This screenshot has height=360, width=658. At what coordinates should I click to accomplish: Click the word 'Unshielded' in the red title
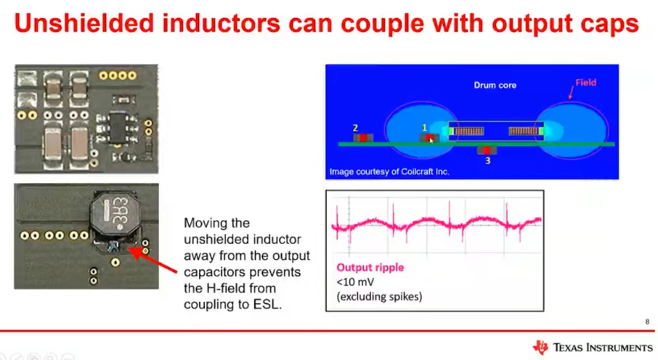click(84, 23)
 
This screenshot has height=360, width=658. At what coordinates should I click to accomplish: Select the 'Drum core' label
click(495, 85)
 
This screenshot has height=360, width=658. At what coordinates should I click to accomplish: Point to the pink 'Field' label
click(585, 82)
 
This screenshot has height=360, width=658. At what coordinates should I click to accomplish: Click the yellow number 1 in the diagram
click(424, 127)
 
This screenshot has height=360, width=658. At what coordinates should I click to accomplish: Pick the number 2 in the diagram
click(355, 128)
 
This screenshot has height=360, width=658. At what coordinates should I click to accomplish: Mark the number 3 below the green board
click(487, 160)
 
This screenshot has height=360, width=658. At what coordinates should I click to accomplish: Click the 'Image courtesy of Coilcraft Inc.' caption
click(389, 171)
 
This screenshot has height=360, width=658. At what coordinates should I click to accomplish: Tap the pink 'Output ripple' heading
click(370, 268)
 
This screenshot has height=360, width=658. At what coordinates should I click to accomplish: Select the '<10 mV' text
click(355, 282)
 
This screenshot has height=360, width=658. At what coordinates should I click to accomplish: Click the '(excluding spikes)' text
click(379, 297)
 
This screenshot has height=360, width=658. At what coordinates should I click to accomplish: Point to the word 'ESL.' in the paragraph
click(267, 304)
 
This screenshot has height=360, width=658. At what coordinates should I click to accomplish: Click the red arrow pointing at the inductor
click(153, 261)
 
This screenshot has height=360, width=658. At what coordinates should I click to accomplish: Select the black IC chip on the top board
click(118, 128)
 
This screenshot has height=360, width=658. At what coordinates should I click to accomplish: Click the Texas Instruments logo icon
click(540, 347)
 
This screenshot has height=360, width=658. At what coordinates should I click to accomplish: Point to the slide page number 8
click(647, 322)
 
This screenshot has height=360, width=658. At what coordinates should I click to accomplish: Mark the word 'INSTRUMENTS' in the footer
click(620, 348)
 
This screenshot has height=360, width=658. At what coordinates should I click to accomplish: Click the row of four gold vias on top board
click(118, 75)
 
